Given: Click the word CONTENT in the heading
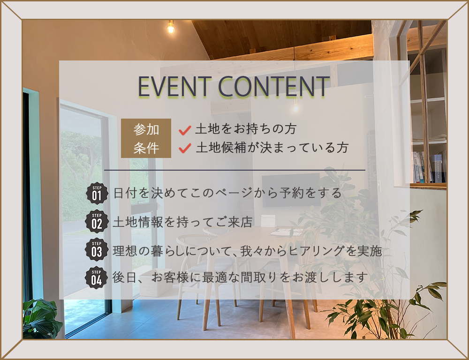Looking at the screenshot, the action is (274, 86).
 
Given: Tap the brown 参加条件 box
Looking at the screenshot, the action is (146, 138).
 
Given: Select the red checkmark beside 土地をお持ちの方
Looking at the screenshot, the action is (185, 130).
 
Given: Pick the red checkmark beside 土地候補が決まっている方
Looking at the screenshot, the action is (185, 148).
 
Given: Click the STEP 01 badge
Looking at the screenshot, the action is (97, 194).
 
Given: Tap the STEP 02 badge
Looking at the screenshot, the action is (97, 222).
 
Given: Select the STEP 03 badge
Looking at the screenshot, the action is (97, 250).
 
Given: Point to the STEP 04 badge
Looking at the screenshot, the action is (96, 277).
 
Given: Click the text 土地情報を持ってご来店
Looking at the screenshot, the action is (182, 222).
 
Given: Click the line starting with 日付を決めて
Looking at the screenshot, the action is (227, 193).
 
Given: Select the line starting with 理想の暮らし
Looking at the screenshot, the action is (247, 251).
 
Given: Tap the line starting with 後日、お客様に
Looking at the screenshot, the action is (240, 277).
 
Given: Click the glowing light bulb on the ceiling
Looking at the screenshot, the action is (171, 28).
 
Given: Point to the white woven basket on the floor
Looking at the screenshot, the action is (156, 283).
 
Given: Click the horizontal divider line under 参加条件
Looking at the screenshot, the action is (234, 170).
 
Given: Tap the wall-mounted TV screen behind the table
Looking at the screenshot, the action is (291, 190).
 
